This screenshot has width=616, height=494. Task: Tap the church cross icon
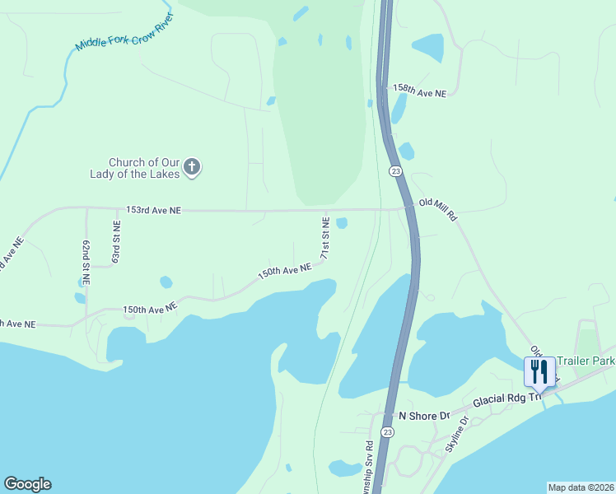tap(191, 168)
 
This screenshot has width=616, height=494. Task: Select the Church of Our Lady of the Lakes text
tap(134, 168)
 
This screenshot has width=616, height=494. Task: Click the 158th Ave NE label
tap(419, 91)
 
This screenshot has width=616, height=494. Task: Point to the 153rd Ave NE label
tap(153, 211)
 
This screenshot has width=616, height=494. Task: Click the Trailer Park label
tap(586, 361)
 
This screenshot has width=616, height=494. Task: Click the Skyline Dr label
tap(456, 434)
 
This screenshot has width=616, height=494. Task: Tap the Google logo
tap(27, 484)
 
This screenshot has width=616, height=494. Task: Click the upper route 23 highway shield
tap(396, 170)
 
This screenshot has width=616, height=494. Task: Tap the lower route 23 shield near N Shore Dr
tap(387, 431)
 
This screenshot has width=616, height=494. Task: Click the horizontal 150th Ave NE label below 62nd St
tap(150, 309)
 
